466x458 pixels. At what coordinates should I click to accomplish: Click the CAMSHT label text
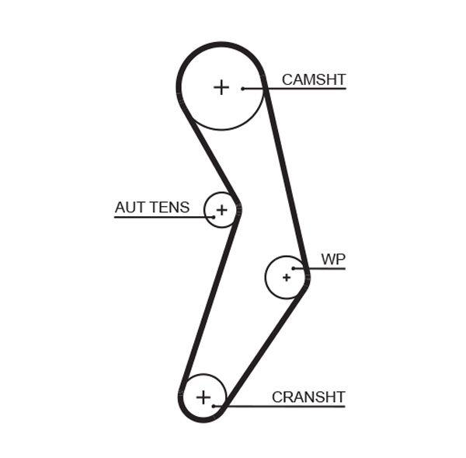tap(313, 79)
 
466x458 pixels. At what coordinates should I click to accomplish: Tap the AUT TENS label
tap(151, 207)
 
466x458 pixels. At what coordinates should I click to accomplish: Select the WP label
tap(332, 259)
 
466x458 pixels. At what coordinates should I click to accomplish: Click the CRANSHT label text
tap(308, 397)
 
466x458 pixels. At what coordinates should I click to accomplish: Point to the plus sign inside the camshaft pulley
tap(221, 87)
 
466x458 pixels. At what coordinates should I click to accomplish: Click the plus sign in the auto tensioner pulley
tap(221, 209)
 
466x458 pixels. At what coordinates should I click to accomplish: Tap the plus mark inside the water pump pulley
tap(286, 276)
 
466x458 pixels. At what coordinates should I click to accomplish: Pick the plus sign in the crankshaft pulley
tap(203, 397)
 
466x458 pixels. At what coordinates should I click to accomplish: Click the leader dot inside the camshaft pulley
tap(243, 89)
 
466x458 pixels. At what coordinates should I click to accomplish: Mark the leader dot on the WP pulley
tap(294, 268)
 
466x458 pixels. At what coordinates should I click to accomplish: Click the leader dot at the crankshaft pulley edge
tap(224, 406)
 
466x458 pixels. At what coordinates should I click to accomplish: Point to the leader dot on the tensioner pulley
tap(213, 216)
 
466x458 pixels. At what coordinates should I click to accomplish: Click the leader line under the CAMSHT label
tap(303, 89)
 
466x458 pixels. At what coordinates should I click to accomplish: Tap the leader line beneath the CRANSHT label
tap(287, 406)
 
